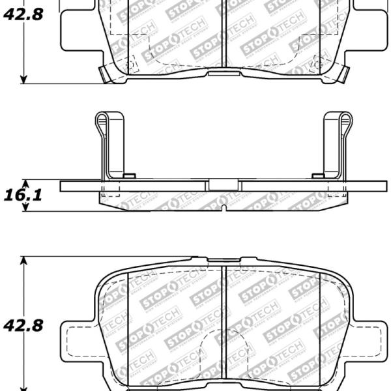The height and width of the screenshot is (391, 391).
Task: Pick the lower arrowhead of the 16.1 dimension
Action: click(25, 207)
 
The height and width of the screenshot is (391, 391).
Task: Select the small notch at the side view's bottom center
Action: click(223, 209)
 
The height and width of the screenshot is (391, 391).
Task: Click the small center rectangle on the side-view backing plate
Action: click(223, 185)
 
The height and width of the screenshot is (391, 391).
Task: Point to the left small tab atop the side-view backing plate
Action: click(128, 176)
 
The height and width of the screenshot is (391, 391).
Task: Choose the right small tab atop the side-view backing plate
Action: click(318, 176)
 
